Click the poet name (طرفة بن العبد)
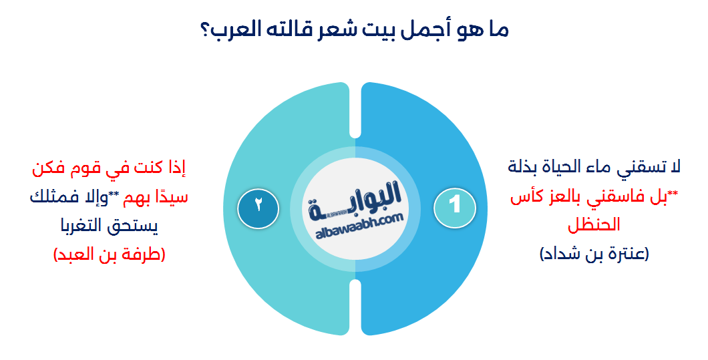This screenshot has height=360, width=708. (109, 254)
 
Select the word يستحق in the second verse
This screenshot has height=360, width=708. (136, 226)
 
